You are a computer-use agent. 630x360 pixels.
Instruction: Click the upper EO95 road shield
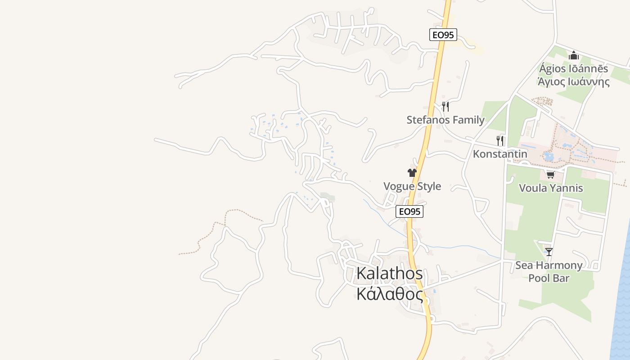click(x=443, y=35)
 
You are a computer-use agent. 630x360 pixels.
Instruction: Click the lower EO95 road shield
click(x=409, y=211)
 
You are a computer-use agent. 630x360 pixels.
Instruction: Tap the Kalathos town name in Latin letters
click(x=390, y=273)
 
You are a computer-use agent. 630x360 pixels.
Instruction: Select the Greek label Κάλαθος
click(x=390, y=294)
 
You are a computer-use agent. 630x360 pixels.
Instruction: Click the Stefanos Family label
click(x=445, y=120)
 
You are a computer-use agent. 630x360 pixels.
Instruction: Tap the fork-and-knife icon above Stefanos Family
click(x=445, y=107)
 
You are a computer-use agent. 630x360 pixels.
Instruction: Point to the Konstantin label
click(x=500, y=154)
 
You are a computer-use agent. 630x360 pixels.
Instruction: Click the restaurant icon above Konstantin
click(x=500, y=141)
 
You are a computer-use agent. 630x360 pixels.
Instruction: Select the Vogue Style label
click(x=412, y=186)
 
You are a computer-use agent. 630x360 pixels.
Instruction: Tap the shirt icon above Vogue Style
click(x=412, y=173)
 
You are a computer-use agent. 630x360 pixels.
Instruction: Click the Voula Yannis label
click(x=551, y=188)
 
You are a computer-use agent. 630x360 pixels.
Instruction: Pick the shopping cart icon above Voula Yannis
click(x=550, y=175)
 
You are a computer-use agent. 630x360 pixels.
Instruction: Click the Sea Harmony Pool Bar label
click(x=549, y=271)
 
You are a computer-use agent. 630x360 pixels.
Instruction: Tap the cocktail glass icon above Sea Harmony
click(x=549, y=252)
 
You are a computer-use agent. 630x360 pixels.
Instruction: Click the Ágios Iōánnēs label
click(x=574, y=69)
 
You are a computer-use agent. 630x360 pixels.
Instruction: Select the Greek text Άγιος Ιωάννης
click(x=574, y=81)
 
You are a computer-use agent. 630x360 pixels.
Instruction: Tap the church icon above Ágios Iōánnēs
click(x=574, y=56)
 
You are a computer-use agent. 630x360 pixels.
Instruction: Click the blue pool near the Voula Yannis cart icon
click(x=548, y=157)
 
